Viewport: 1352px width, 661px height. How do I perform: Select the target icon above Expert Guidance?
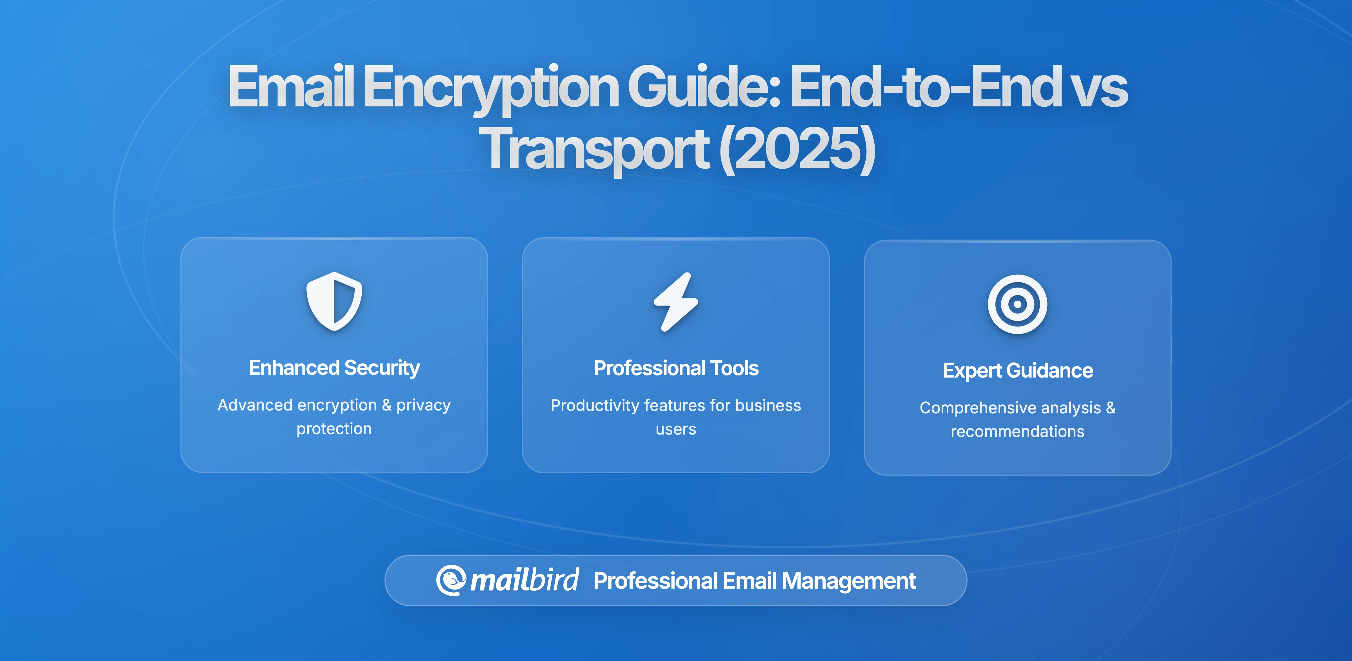pyautogui.click(x=1017, y=304)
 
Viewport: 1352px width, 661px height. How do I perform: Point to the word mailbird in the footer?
pyautogui.click(x=524, y=580)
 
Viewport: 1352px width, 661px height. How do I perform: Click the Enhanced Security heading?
pyautogui.click(x=334, y=368)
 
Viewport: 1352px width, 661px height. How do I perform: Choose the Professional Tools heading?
pyautogui.click(x=676, y=368)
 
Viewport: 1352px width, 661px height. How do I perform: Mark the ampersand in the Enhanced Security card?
pyautogui.click(x=387, y=405)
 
